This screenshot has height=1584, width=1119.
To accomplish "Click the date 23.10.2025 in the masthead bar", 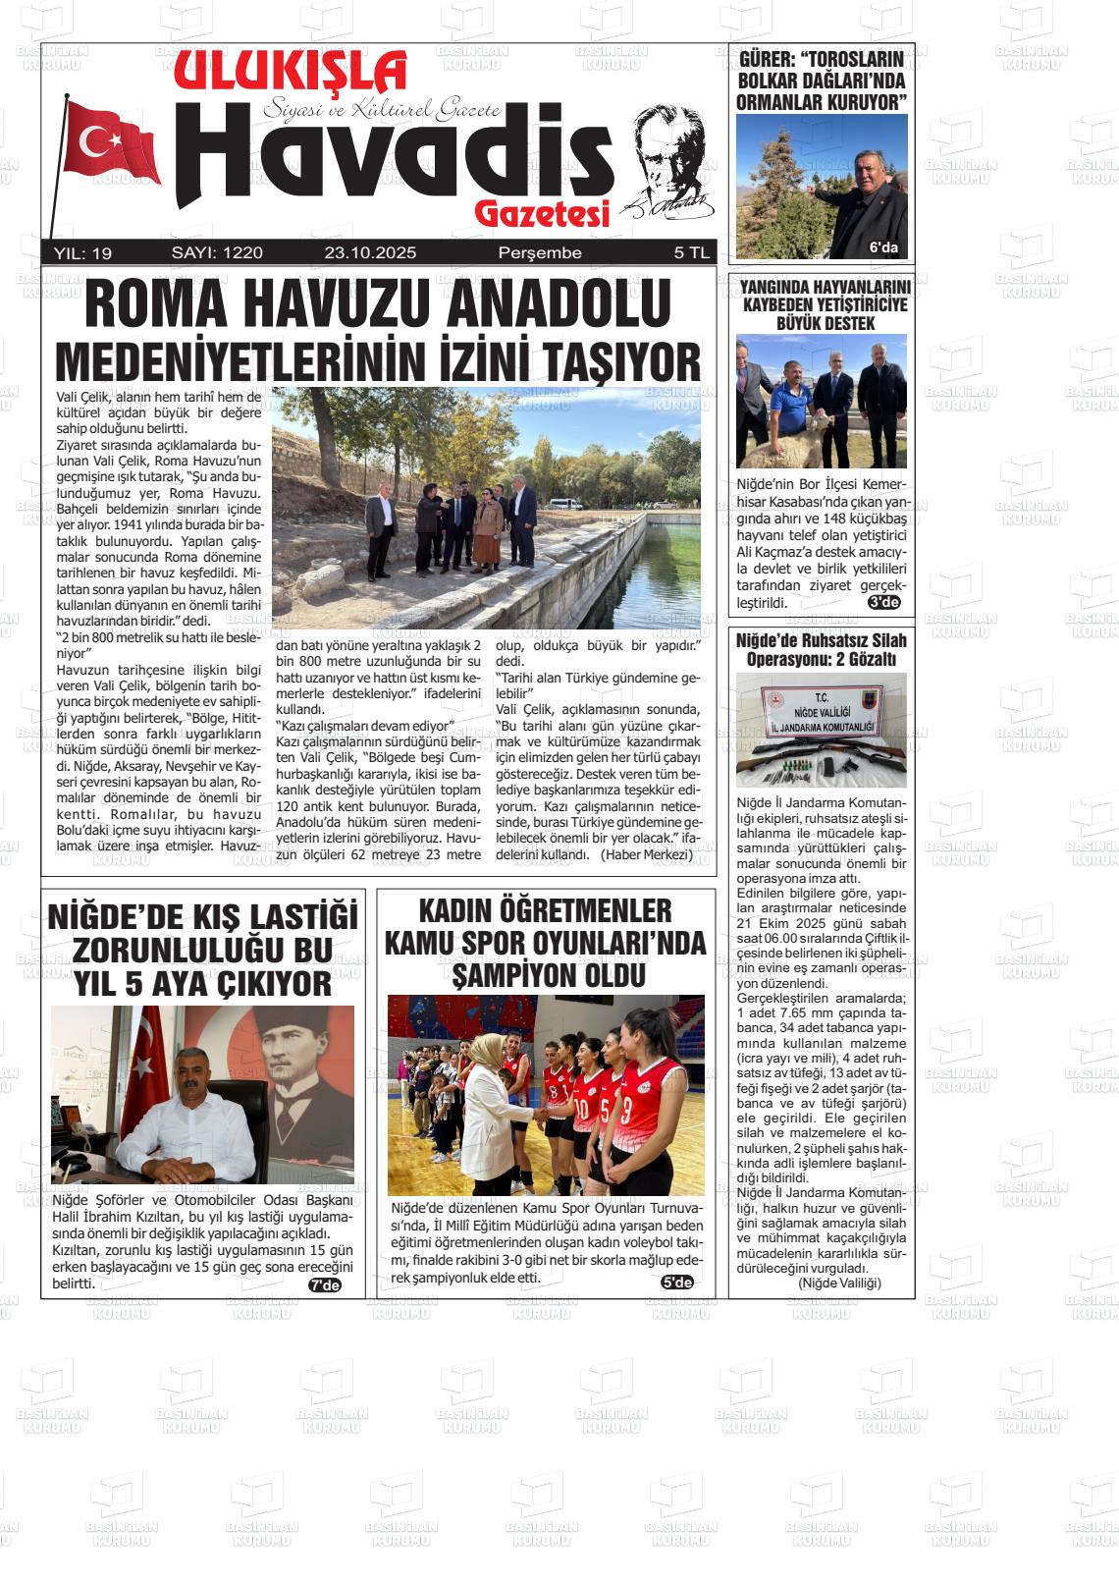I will [370, 252].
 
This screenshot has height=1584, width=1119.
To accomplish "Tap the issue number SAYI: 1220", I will [217, 252].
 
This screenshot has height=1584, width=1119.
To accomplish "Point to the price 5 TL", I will [691, 252].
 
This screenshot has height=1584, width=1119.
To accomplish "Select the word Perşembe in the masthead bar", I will [540, 252].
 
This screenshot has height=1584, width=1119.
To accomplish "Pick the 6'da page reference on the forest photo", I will [883, 247].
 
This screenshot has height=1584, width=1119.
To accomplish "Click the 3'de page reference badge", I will [884, 602].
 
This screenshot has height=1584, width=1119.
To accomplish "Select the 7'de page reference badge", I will [325, 1284].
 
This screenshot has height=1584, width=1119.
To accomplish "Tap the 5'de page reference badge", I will [677, 1282].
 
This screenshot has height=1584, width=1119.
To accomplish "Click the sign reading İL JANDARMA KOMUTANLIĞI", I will [822, 727].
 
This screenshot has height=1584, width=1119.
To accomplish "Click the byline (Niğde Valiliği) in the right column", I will [839, 1283].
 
